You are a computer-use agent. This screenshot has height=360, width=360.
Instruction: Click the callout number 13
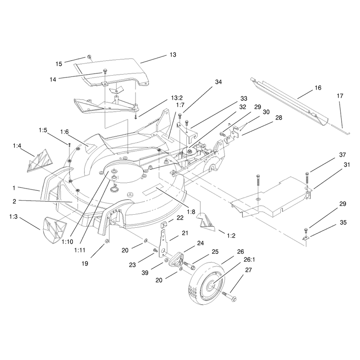[173, 54]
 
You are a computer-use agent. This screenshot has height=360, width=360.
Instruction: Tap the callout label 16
[318, 88]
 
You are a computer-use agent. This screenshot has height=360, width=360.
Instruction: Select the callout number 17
[340, 96]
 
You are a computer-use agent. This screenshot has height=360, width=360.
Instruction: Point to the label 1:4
[17, 146]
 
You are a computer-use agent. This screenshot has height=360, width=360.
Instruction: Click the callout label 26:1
[249, 260]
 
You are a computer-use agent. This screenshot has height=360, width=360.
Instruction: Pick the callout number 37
[342, 155]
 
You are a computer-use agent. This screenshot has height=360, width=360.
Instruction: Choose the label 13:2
[177, 98]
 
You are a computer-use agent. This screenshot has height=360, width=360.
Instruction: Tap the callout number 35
[343, 222]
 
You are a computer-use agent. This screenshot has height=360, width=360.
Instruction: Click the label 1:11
[80, 250]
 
